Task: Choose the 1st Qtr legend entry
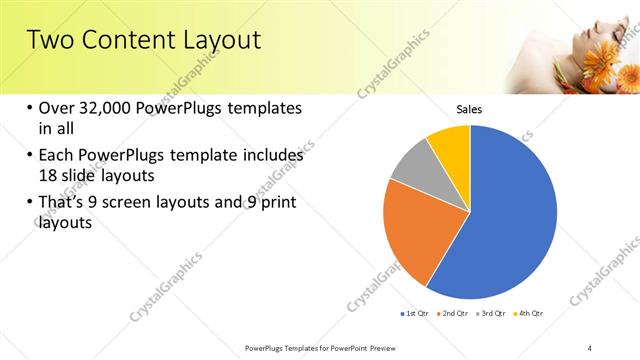416,314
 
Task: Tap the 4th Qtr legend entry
531,314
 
